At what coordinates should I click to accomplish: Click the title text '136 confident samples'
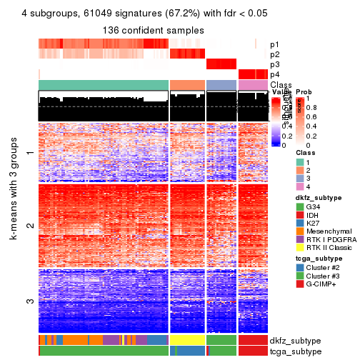click(152, 31)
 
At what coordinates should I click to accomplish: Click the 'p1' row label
click(275, 44)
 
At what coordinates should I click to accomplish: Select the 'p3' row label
click(275, 64)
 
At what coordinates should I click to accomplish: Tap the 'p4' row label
click(275, 74)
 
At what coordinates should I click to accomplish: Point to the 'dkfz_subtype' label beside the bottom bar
click(296, 340)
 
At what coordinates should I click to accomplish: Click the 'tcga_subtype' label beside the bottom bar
click(295, 351)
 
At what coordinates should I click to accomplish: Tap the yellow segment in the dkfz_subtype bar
click(187, 340)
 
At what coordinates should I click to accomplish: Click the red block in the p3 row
click(221, 64)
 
